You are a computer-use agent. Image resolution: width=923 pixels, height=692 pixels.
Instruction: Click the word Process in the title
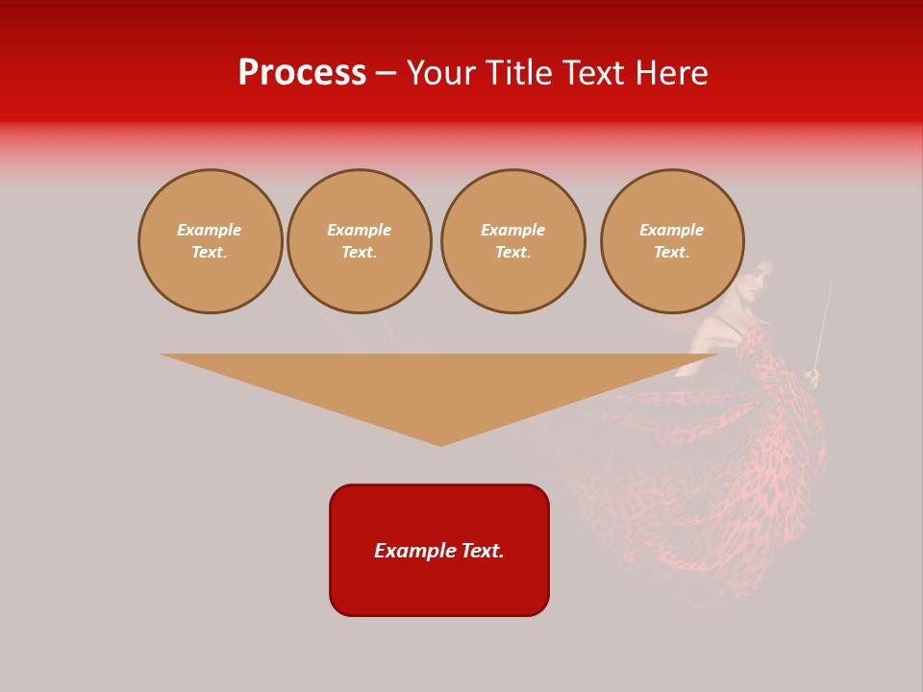pos(302,73)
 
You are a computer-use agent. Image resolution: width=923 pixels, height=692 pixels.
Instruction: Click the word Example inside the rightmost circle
pos(672,230)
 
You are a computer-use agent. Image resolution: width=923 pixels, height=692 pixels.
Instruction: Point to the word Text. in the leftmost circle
pos(210,253)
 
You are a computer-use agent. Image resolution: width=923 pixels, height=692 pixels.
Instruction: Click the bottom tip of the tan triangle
pos(441,443)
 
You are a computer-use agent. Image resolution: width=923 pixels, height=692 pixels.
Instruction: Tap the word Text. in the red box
pos(484,551)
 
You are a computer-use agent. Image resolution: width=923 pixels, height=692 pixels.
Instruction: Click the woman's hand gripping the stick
pos(814,376)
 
